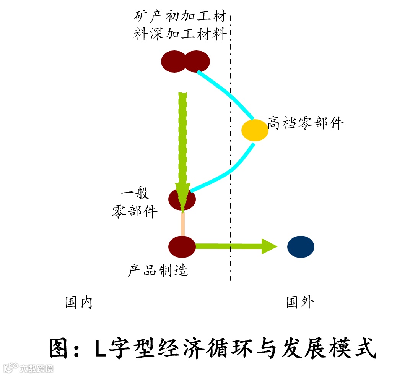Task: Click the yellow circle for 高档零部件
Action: coord(255,130)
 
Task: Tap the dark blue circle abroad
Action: coord(301,246)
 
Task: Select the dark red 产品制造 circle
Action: coord(182,246)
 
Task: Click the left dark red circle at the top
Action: coord(173,62)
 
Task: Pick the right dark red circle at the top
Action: coord(197,62)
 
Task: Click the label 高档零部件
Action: coord(306,123)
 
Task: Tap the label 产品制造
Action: coord(158,271)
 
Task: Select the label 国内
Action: coord(79,303)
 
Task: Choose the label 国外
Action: coord(300,303)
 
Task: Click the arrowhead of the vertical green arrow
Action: coord(182,197)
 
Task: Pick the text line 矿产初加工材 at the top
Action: coord(180,16)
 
